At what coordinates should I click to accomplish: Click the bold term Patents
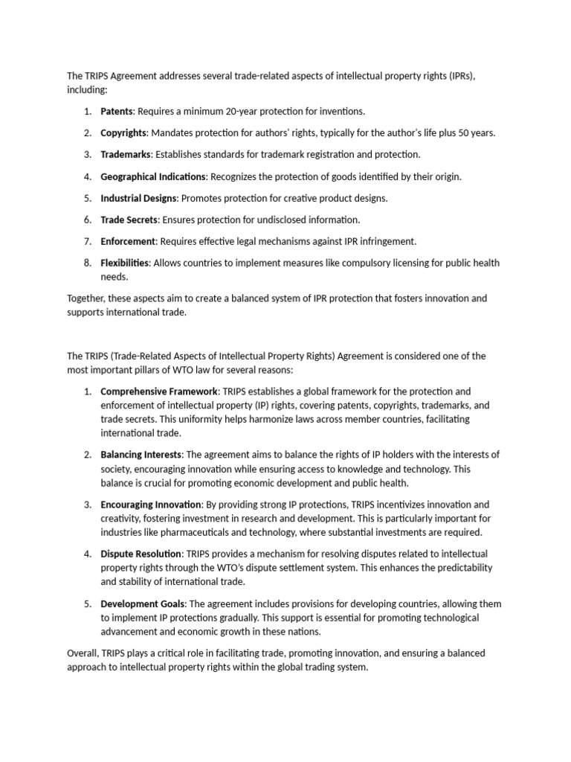pyautogui.click(x=116, y=111)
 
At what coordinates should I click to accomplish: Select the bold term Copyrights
pyautogui.click(x=123, y=132)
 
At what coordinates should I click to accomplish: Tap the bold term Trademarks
pyautogui.click(x=126, y=154)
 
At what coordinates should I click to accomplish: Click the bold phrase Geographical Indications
pyautogui.click(x=153, y=176)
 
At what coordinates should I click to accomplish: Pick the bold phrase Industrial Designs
pyautogui.click(x=139, y=198)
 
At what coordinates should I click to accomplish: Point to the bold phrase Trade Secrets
pyautogui.click(x=129, y=220)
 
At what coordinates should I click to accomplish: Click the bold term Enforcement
pyautogui.click(x=128, y=241)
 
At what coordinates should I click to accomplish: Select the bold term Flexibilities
pyautogui.click(x=125, y=263)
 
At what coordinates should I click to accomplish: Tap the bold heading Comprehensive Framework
pyautogui.click(x=159, y=391)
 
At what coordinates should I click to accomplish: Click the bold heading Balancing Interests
pyautogui.click(x=141, y=454)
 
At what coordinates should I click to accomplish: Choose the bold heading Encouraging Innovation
pyautogui.click(x=150, y=504)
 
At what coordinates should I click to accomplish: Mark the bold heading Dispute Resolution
pyautogui.click(x=141, y=554)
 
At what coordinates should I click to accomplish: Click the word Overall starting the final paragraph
pyautogui.click(x=83, y=653)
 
